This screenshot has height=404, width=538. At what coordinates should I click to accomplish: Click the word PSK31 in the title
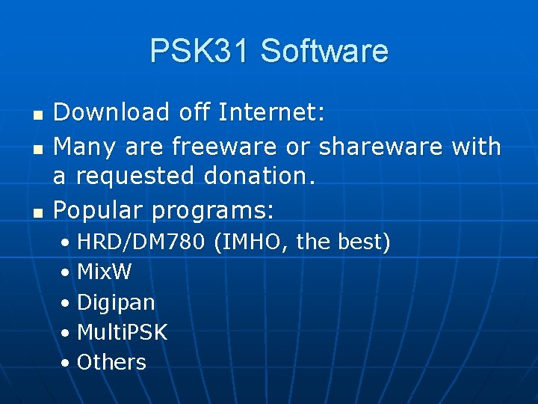point(198,51)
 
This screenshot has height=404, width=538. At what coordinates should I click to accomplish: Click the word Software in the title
point(324,51)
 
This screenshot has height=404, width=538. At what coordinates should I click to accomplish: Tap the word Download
point(112,112)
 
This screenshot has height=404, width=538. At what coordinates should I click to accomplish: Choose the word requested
point(132,177)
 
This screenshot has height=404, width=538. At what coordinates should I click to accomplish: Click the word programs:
point(213,211)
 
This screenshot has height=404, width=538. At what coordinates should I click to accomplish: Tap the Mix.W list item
point(104,272)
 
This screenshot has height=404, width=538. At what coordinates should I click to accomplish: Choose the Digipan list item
point(116,302)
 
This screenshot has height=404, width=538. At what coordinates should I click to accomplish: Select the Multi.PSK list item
point(122,332)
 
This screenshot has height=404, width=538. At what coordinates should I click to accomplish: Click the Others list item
point(111,362)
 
